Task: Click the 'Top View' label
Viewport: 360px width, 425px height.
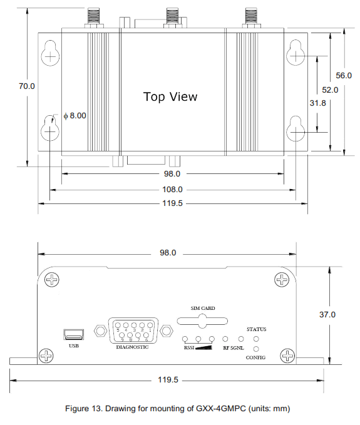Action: pos(170,96)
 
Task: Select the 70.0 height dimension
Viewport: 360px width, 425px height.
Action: pos(26,86)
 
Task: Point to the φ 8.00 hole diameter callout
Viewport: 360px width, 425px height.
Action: pos(75,115)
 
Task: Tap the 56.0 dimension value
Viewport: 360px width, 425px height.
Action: pos(344,75)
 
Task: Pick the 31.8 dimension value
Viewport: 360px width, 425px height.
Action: pos(318,103)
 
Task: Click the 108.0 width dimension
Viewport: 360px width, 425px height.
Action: pos(172,189)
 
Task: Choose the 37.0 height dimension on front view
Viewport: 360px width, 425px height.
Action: pos(327,315)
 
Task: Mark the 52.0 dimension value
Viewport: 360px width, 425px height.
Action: pos(330,90)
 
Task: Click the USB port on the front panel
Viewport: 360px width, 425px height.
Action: pos(73,334)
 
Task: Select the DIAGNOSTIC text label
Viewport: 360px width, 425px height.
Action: pos(132,346)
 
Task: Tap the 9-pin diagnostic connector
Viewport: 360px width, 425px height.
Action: pos(133,330)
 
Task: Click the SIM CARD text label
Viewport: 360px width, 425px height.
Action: pos(203,308)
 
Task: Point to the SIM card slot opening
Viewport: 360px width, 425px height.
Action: pos(202,321)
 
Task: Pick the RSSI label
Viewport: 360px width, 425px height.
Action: pos(189,347)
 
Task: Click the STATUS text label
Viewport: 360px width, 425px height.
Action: pos(256,329)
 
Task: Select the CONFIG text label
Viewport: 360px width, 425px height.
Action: pos(256,357)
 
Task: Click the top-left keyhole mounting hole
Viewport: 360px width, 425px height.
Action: pos(51,56)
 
